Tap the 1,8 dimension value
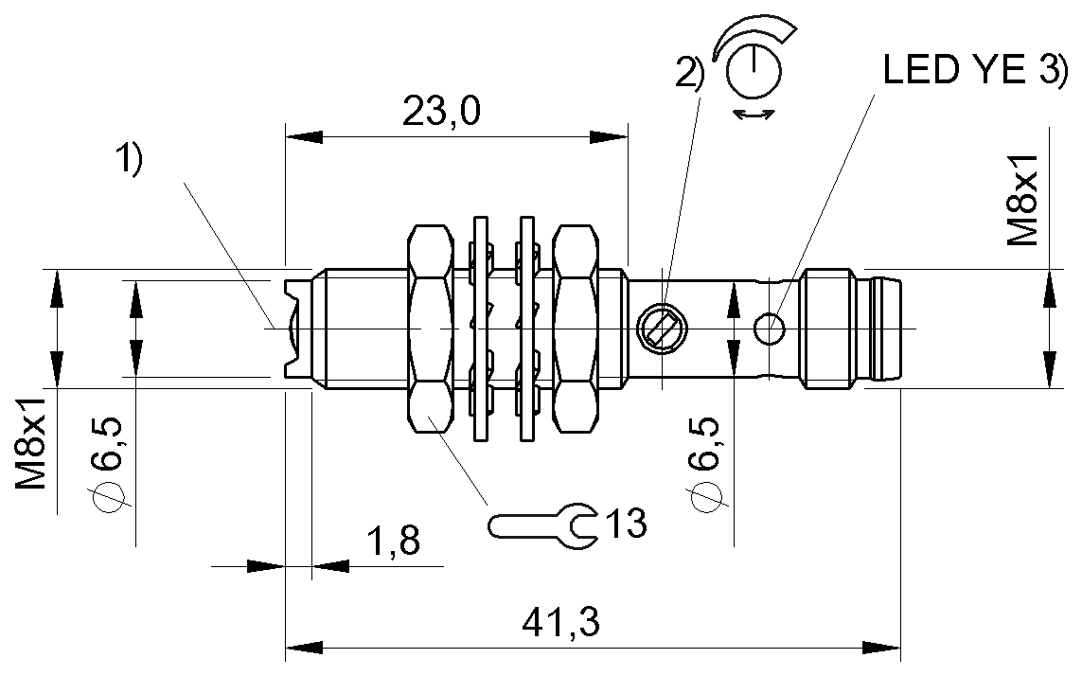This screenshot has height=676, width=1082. tap(393, 543)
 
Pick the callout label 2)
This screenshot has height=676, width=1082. tap(690, 75)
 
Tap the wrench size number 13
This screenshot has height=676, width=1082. tap(624, 522)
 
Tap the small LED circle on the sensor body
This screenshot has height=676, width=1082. tap(770, 328)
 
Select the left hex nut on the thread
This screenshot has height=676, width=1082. tap(433, 329)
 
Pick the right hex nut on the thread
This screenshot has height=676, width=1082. tap(577, 329)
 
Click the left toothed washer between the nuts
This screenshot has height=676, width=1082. tap(481, 329)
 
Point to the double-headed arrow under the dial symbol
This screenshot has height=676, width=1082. tap(754, 115)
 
